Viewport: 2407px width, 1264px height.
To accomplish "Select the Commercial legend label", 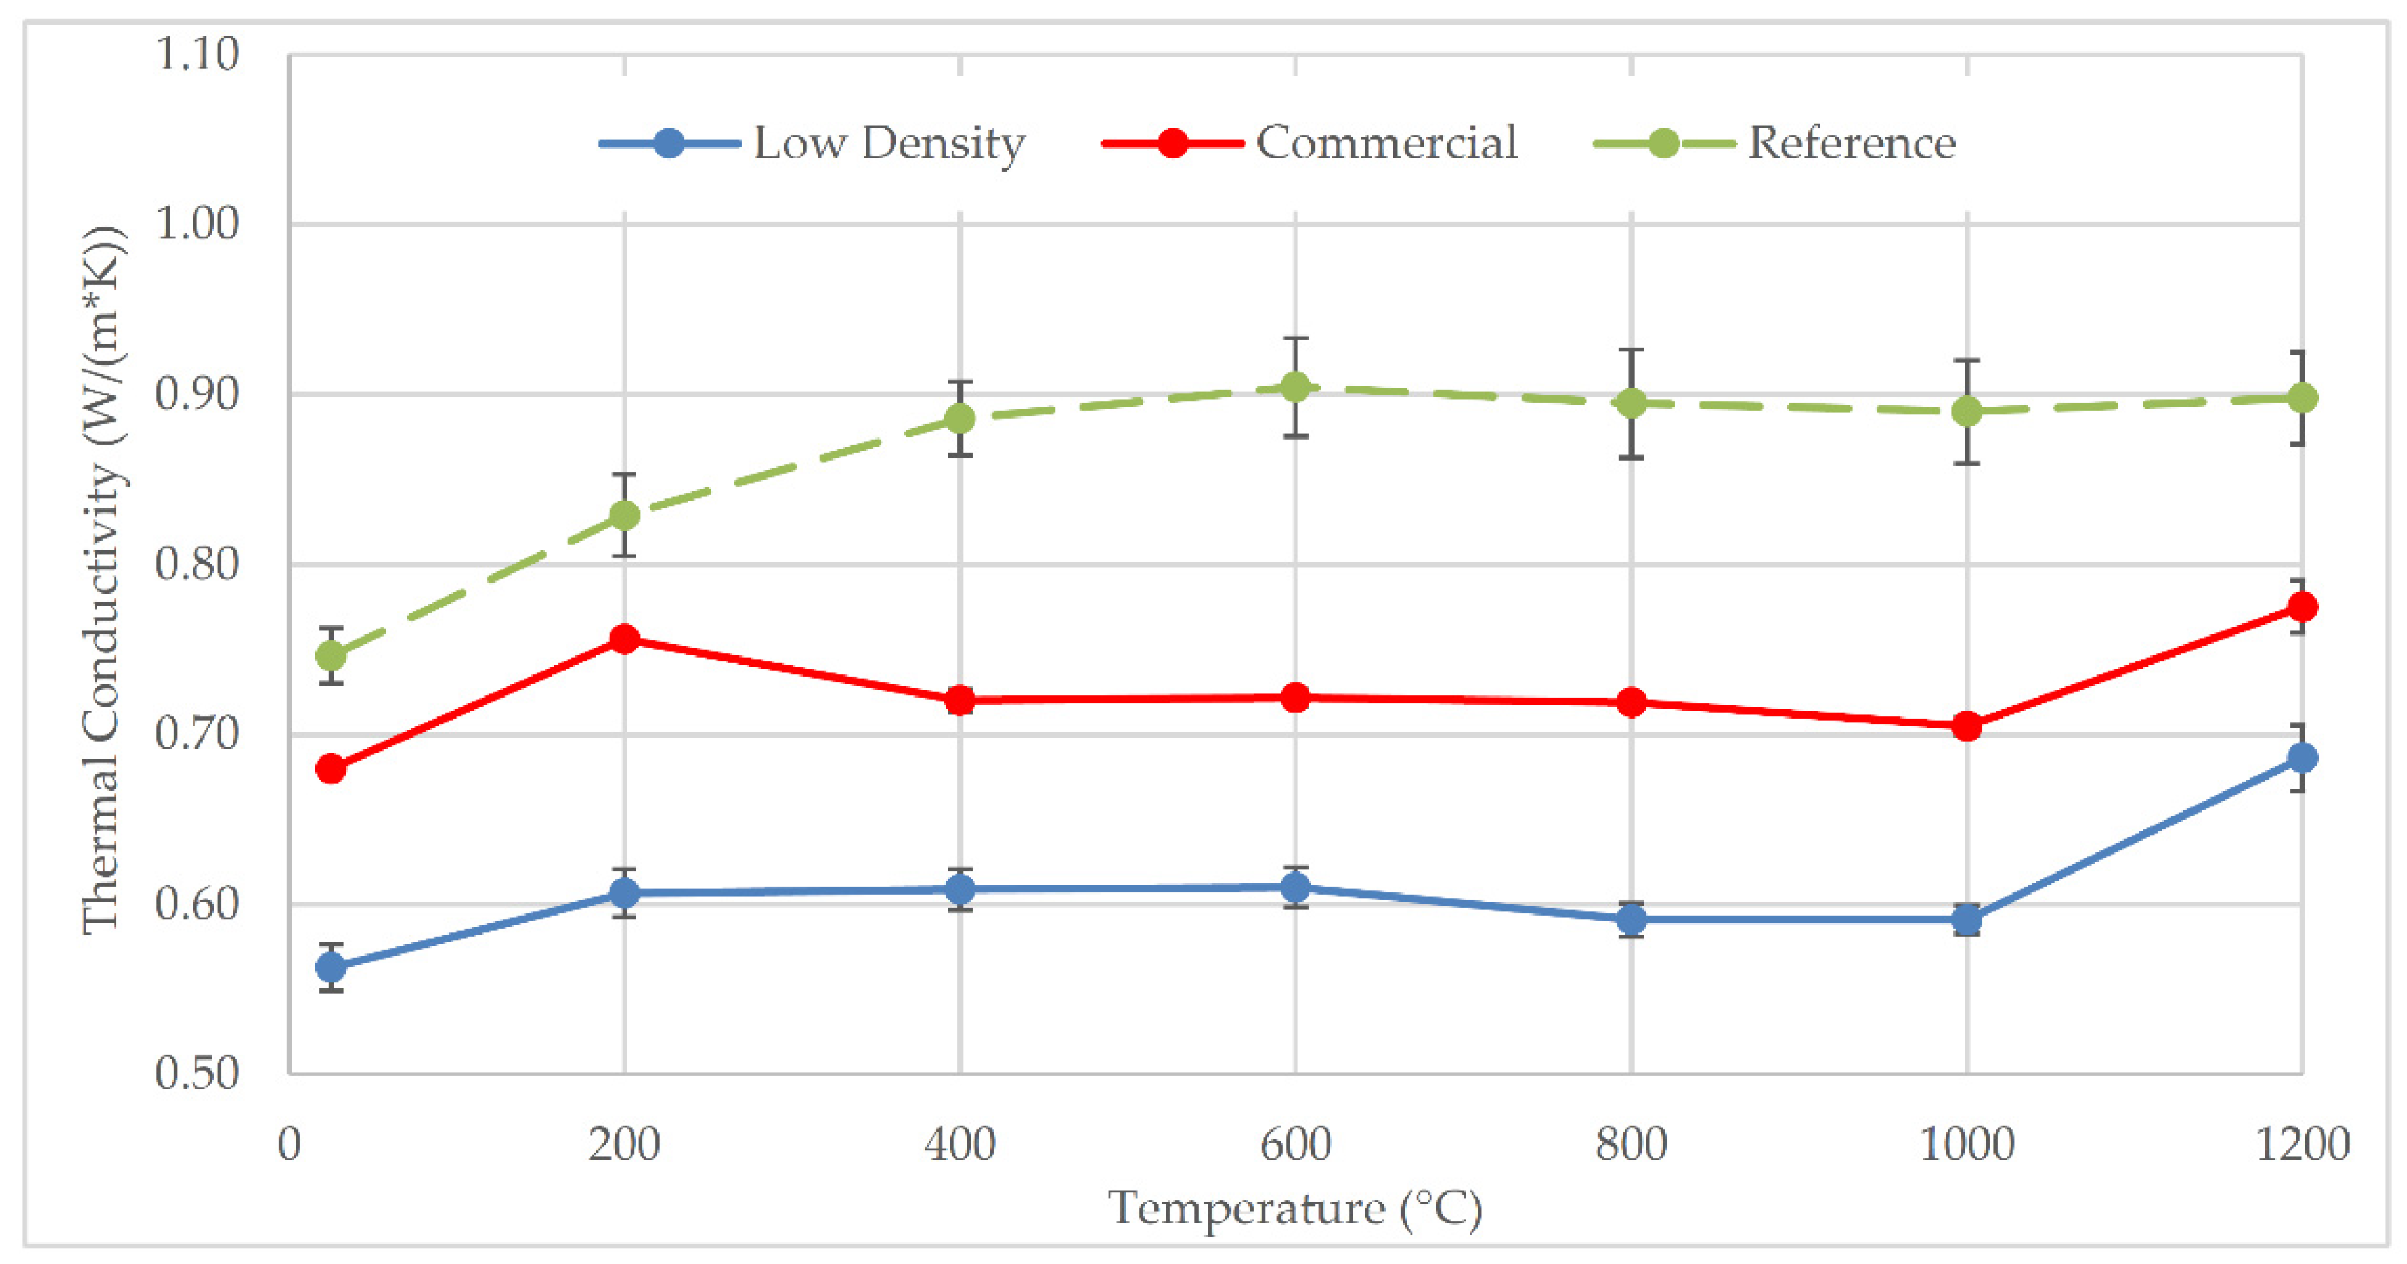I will coord(1386,143).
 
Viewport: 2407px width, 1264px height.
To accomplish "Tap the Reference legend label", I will coord(1851,143).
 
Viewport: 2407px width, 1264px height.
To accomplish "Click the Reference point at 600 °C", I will coord(1295,387).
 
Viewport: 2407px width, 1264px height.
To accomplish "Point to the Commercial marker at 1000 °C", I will coord(1967,726).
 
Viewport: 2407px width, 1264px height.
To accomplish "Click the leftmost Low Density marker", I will coord(331,967).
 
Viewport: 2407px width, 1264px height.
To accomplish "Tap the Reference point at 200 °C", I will coord(624,515).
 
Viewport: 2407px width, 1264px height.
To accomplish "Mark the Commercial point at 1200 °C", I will coord(2301,607).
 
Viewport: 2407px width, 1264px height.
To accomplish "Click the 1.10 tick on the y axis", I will coord(197,54).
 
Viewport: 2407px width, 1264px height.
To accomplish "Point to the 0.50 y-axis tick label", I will coord(197,1073).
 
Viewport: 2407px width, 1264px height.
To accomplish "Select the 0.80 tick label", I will coord(197,564).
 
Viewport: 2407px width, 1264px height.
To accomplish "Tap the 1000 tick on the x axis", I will coord(1967,1144).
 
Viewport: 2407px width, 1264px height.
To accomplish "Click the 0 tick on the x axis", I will coord(289,1144).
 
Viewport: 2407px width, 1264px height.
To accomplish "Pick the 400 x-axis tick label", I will coord(960,1144).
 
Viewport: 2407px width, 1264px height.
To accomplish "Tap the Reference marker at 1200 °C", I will coord(2301,399).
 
